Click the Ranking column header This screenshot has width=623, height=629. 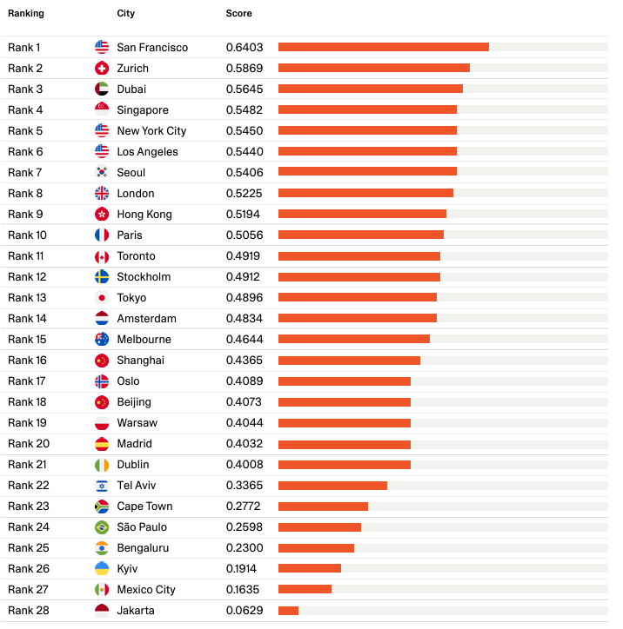tap(26, 14)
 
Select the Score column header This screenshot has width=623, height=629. tap(238, 14)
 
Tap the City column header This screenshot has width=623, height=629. tap(126, 14)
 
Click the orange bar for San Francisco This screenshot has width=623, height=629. tap(383, 47)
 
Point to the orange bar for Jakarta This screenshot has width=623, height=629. tap(288, 611)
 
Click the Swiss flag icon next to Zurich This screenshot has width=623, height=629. tap(102, 69)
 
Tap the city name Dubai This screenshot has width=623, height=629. tap(131, 89)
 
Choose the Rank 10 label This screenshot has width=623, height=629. tap(28, 235)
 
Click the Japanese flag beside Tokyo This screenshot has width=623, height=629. tap(102, 298)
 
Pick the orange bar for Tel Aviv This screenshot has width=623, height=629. tap(332, 486)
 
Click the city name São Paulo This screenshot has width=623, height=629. tap(142, 527)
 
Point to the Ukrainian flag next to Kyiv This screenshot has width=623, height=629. tap(102, 569)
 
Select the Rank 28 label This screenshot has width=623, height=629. tap(28, 611)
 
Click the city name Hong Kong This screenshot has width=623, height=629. tap(144, 215)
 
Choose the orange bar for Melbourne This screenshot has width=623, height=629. tap(353, 340)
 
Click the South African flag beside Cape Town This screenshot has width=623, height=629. tap(102, 507)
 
